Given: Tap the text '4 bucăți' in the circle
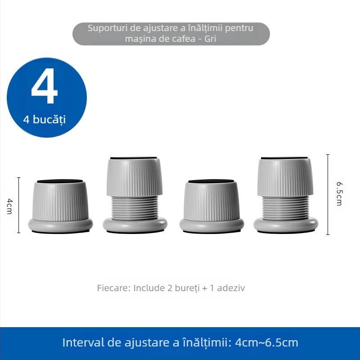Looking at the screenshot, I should click(x=45, y=120).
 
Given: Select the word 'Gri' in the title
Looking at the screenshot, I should click(x=210, y=39).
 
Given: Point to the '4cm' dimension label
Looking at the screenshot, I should click(x=9, y=205).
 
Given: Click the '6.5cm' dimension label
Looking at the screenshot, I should click(x=339, y=193).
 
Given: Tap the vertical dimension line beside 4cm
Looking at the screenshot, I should click(x=18, y=205).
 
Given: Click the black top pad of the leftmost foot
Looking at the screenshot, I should click(x=61, y=181).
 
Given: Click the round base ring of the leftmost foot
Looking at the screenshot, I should click(x=61, y=224).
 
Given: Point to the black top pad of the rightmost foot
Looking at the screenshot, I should click(x=285, y=158).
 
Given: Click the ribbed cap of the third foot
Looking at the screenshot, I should click(x=211, y=200).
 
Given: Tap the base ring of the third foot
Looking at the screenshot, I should click(x=211, y=224).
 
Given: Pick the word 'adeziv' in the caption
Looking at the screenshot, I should click(x=231, y=288).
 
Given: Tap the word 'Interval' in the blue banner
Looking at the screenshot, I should click(x=82, y=342).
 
